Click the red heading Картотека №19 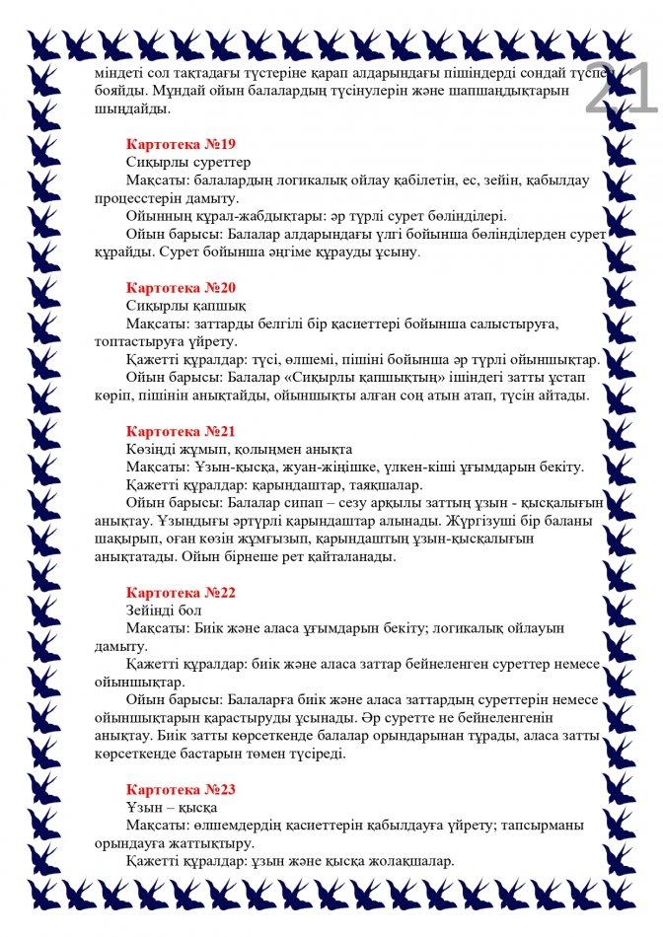click(181, 144)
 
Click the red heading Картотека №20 click(181, 288)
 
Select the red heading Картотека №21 click(181, 431)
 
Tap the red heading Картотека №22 click(181, 593)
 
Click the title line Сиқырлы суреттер click(188, 162)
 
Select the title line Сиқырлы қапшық click(185, 306)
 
